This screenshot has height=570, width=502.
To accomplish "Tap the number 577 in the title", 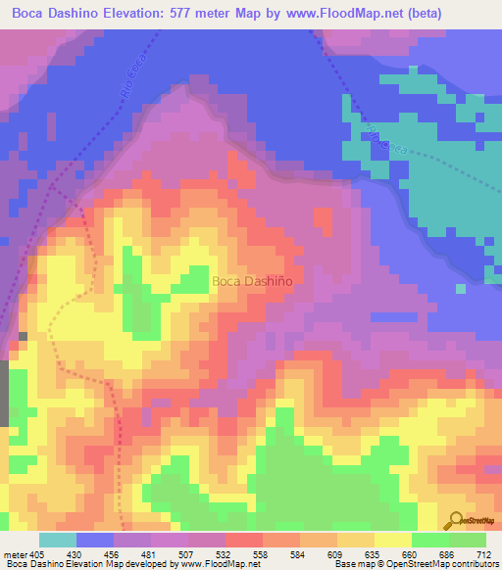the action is (x=178, y=14).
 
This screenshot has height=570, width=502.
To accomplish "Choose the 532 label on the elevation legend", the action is (x=224, y=554).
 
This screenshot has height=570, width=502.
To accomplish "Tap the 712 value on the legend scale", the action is (x=483, y=554).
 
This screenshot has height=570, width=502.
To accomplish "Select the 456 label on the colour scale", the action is (x=111, y=554).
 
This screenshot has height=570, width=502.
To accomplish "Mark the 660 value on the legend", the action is (x=410, y=554).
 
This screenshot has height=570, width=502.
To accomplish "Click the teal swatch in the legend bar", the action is (x=58, y=541).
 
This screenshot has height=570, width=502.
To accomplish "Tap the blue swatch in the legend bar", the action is (x=95, y=541).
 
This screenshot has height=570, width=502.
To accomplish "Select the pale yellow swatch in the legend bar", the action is (x=393, y=541).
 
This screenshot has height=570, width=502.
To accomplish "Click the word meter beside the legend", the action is (x=15, y=554).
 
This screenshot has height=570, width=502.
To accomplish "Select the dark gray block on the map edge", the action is (x=4, y=393).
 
